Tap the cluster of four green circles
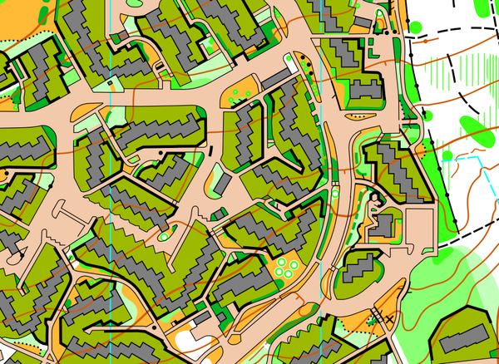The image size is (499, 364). point(287,268)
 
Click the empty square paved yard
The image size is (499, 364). point(419,225)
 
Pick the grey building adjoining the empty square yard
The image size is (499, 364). point(385,224)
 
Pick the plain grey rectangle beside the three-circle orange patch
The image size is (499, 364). point(274,79)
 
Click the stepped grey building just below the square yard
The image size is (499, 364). point(360,268)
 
